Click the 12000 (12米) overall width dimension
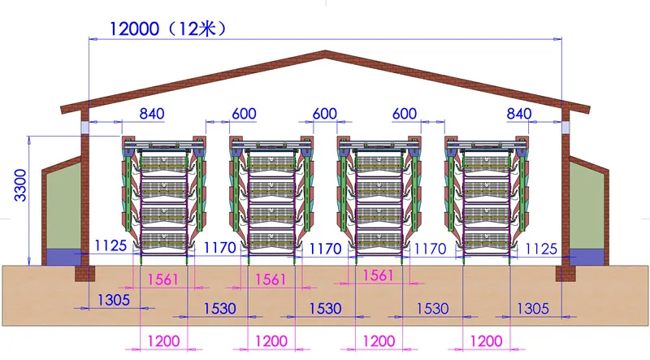click(167, 28)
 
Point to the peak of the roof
click(327, 54)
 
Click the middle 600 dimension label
click(324, 115)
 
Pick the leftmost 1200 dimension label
click(163, 341)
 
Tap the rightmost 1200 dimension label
click(486, 341)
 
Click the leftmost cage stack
click(162, 195)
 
